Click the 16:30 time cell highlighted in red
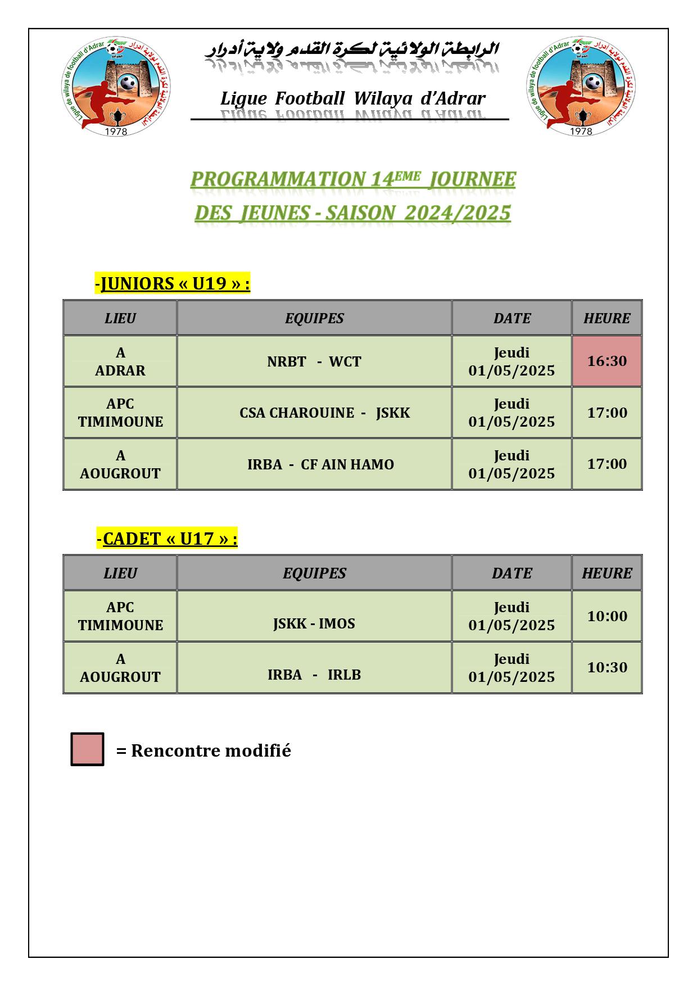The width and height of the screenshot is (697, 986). pos(607,361)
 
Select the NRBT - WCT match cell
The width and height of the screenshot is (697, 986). pos(314,361)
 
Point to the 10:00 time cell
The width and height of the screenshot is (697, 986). pos(607,616)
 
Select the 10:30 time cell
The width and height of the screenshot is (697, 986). pos(607,667)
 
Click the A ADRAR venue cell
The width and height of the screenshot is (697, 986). pos(120,361)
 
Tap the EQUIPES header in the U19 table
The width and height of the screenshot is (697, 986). pos(314,318)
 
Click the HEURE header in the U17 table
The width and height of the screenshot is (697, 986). pos(607,573)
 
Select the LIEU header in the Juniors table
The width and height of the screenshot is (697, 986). pos(120,318)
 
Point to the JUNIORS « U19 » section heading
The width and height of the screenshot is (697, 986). pos(173,283)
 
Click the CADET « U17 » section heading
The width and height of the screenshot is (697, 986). pos(167,539)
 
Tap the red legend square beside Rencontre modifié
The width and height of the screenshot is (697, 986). pos(87,749)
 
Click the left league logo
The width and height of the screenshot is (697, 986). pos(115,87)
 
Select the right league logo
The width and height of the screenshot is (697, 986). pos(581,87)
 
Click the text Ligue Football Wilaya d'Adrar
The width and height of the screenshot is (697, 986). pos(352,99)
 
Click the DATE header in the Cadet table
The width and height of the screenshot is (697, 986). pos(512,573)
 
